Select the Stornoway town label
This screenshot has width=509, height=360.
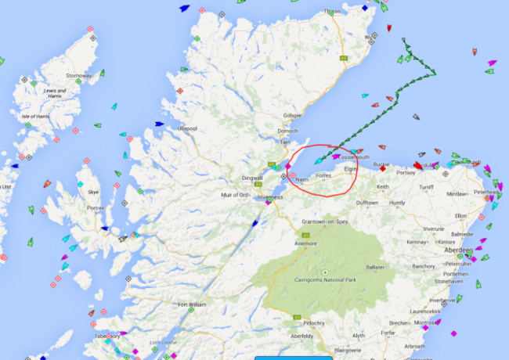(x=78, y=76)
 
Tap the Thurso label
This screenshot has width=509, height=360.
(x=334, y=12)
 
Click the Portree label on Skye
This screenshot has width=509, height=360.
(x=96, y=207)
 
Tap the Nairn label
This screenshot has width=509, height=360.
(x=301, y=178)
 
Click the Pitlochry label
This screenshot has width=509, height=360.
(x=316, y=322)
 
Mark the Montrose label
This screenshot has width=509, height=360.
(x=427, y=322)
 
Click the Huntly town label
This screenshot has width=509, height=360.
(x=398, y=203)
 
